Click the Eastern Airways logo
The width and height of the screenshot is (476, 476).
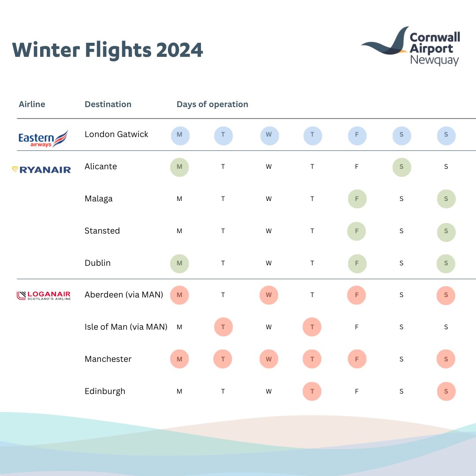coord(43,138)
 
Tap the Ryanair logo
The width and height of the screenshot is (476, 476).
coord(41,169)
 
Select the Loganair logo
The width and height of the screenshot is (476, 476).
coord(43,295)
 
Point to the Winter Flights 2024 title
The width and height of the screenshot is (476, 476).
coord(108,50)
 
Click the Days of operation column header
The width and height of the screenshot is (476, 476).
coord(212,104)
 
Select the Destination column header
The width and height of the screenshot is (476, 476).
coord(108,104)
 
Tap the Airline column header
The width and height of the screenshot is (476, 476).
coord(32,104)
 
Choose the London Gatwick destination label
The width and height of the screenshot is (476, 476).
coord(116,134)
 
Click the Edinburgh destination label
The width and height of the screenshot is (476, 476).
coord(105,391)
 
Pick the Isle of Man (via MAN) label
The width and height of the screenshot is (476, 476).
coord(126,327)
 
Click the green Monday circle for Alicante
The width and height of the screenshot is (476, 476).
coord(179,167)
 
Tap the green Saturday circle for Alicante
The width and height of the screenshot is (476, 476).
coord(402,167)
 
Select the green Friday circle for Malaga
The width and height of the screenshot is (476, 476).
coord(357,199)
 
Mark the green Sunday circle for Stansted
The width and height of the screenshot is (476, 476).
coord(446,231)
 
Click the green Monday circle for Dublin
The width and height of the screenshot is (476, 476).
coord(179,264)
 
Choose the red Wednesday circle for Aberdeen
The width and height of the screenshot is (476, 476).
coord(268,295)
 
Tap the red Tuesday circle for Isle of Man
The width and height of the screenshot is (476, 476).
coord(223,327)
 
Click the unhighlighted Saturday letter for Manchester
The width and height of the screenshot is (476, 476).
coord(402,360)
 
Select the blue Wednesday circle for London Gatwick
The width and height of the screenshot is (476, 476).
coord(268,135)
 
